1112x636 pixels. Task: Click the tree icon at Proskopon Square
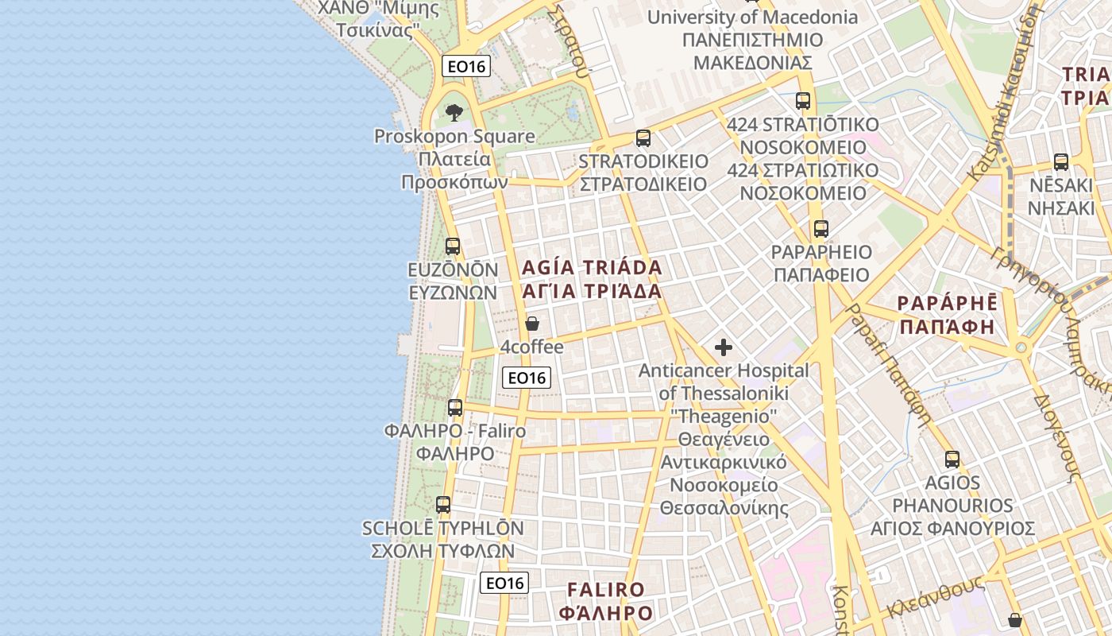point(454,112)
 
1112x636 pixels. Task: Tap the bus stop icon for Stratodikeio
point(643,138)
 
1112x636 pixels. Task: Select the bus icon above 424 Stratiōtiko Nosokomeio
point(803,101)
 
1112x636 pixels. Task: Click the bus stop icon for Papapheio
point(820,229)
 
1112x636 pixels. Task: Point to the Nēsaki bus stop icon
point(1061,162)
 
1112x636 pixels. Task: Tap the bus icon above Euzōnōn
point(453,246)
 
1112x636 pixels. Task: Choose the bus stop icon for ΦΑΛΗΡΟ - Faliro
point(455,408)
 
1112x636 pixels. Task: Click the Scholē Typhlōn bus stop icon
point(443,505)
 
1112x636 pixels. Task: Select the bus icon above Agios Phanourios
point(952,460)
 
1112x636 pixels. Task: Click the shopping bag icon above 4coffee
point(532,324)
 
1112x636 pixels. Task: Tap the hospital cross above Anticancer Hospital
point(724,347)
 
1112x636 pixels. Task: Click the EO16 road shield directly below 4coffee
point(527,378)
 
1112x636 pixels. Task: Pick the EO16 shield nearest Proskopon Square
point(466,67)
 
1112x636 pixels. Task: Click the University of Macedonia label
point(752,17)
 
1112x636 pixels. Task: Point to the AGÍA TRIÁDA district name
point(592,267)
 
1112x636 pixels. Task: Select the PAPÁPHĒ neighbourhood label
point(946,304)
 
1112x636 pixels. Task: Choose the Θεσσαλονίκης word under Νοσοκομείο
point(724,508)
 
